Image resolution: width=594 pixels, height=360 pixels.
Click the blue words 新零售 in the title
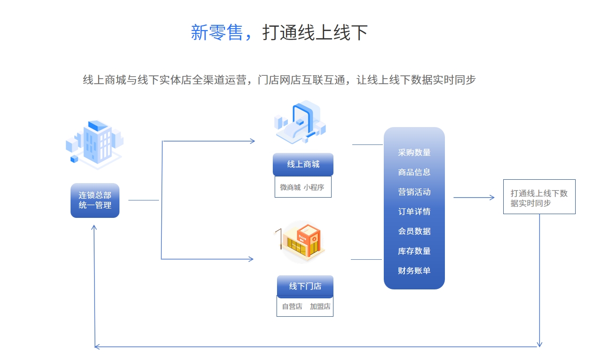point(217,33)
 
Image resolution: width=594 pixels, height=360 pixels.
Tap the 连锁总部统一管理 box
point(95,200)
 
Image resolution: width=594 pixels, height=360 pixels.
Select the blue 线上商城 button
point(303,164)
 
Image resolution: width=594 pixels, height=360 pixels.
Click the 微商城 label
point(290,187)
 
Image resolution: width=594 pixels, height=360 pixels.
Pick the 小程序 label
point(314,187)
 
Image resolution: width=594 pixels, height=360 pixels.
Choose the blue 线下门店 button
point(305,286)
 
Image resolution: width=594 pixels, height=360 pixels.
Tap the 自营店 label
point(292,306)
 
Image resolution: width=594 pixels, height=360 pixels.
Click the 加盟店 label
point(320,306)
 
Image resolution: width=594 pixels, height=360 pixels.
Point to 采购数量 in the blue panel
point(414,152)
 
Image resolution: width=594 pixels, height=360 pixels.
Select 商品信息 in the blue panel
point(414,172)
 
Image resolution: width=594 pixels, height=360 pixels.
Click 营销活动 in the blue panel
point(414,192)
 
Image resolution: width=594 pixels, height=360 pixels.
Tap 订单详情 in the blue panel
point(414,212)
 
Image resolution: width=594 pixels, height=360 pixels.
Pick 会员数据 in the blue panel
point(414,232)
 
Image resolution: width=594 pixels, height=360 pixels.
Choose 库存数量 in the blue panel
point(414,251)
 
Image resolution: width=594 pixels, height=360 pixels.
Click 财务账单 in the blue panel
point(414,271)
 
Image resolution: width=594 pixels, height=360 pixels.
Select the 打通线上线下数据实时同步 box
point(539,197)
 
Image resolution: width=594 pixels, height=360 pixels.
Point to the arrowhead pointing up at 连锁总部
point(94,228)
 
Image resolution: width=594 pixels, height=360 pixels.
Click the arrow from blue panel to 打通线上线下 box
point(474,198)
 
